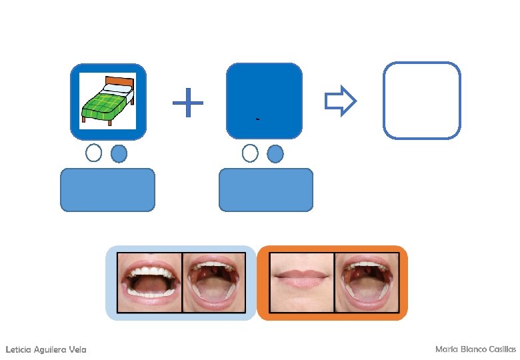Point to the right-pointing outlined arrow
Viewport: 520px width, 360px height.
(x=340, y=101)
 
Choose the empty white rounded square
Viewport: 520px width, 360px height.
(x=421, y=101)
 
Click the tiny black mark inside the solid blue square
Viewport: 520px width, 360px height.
(x=257, y=119)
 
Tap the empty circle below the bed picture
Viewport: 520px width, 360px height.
(x=94, y=153)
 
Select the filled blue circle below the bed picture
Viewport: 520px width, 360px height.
(x=119, y=154)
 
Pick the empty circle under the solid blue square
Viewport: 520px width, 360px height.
(x=250, y=154)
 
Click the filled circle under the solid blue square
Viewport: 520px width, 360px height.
(x=275, y=154)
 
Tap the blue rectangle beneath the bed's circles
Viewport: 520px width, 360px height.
(x=107, y=190)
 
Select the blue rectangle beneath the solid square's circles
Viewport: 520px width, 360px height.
(x=265, y=190)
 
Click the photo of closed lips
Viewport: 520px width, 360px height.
(x=301, y=283)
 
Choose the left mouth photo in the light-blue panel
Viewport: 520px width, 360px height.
(x=149, y=283)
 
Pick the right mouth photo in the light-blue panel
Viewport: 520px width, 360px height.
(x=214, y=283)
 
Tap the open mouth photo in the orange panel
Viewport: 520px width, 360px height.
(x=366, y=283)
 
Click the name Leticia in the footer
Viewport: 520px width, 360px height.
(x=19, y=350)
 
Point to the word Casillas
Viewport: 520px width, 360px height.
(x=501, y=349)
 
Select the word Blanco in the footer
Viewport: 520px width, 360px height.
(x=469, y=349)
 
